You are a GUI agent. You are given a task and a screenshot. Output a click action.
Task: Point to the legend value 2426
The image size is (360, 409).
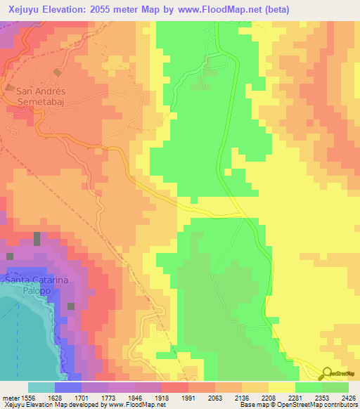348,397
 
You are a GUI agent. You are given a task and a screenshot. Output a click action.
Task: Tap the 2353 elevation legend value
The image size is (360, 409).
320,397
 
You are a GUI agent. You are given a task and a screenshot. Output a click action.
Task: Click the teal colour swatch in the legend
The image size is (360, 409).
41,387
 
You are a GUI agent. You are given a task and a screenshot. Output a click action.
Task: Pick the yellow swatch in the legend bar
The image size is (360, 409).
281,387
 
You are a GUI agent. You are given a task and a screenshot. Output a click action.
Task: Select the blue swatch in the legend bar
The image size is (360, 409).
67,387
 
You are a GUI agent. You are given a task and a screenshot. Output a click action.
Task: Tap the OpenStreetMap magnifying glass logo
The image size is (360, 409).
326,374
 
